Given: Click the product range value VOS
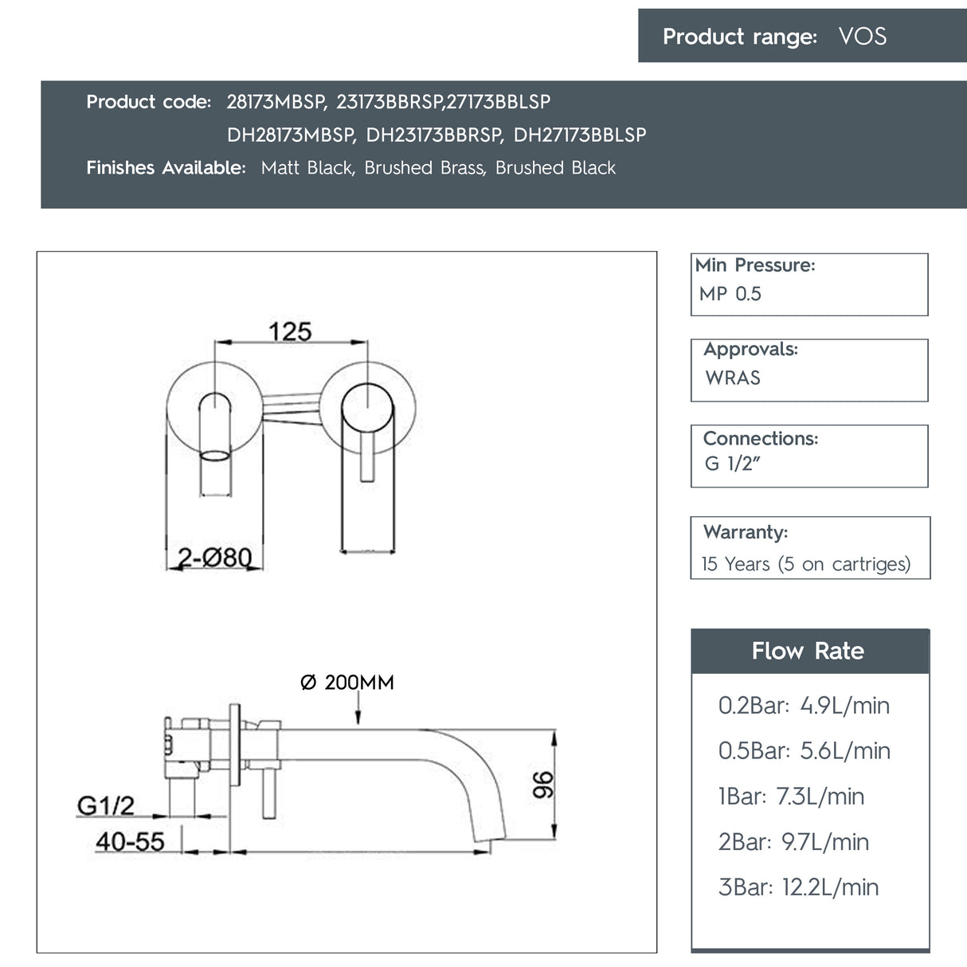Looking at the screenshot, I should point(862,37).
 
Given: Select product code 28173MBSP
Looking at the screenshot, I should point(276,102).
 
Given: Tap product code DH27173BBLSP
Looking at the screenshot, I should point(579,135).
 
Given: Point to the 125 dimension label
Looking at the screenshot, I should point(290,331).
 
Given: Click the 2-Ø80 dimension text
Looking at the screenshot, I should point(214,557).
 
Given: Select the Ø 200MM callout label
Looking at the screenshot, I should point(347,683).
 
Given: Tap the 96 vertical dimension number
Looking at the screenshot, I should point(542,785).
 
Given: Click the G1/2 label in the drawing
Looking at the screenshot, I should point(106,806).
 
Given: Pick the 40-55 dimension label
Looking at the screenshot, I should point(130,841).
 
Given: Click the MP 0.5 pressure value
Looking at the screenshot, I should point(730,294).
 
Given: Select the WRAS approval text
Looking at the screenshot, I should point(733,378).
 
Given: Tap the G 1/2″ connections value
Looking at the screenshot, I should point(732,464).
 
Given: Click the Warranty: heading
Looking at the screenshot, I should point(746,532).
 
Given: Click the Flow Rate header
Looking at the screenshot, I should point(808,651).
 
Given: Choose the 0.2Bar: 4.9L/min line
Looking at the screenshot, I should point(804,706).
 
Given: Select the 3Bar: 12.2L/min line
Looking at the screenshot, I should point(798,887).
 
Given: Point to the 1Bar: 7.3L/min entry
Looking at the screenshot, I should point(791,797).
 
